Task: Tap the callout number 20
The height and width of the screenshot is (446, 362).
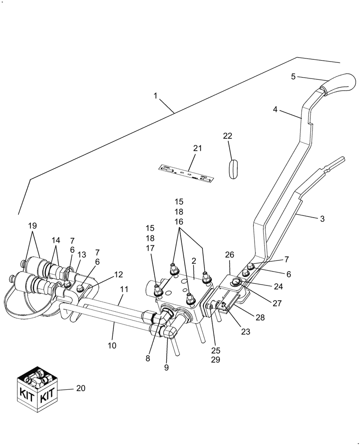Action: click(x=80, y=388)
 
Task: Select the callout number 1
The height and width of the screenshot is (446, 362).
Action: click(x=155, y=95)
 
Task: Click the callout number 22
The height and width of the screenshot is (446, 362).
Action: click(x=228, y=136)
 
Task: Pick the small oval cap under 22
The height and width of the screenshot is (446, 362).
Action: click(x=235, y=169)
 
